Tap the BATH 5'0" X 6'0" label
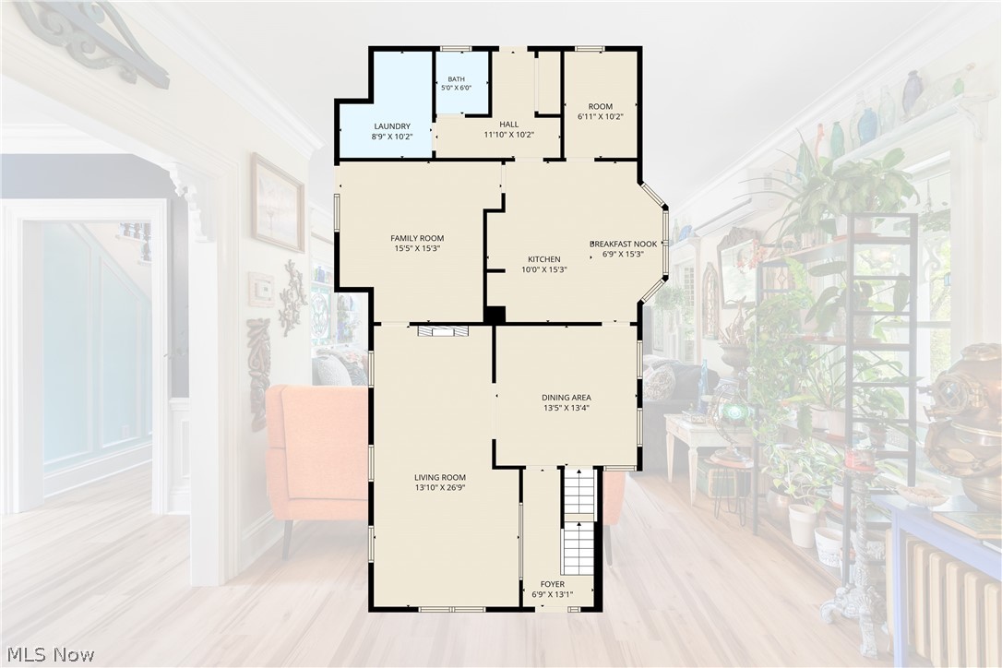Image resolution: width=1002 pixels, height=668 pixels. click(x=457, y=83)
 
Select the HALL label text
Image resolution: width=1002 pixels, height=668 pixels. click(x=509, y=124)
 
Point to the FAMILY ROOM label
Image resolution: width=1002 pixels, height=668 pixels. click(x=417, y=238)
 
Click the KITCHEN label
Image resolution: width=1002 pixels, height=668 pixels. click(x=543, y=259)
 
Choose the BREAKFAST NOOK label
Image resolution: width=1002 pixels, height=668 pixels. click(x=623, y=244)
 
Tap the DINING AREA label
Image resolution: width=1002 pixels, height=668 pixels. click(x=567, y=398)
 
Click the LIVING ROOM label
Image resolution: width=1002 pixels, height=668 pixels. click(x=440, y=478)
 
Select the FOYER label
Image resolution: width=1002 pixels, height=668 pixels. click(x=552, y=584)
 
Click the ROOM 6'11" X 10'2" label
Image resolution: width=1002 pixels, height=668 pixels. click(x=600, y=112)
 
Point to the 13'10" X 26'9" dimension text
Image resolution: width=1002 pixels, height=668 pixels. click(x=440, y=488)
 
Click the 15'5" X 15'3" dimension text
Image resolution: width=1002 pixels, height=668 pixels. click(x=417, y=249)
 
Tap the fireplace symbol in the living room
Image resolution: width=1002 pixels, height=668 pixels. click(x=443, y=330)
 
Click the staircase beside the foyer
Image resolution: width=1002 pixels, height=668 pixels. click(x=579, y=521)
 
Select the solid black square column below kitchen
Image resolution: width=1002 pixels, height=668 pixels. click(x=495, y=315)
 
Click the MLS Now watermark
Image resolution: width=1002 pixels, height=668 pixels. click(x=51, y=654)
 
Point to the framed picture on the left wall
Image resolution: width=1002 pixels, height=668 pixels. click(x=278, y=203)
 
